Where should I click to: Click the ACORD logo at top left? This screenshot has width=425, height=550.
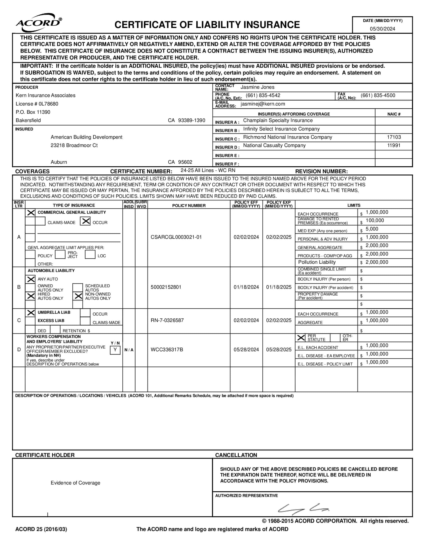[38, 23]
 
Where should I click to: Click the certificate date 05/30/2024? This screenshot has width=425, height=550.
[382, 29]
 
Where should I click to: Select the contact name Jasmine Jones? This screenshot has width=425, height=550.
[257, 87]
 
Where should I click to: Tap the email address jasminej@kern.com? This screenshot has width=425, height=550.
[262, 104]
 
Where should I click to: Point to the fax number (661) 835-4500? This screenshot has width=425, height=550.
[378, 95]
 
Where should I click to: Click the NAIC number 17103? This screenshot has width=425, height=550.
[394, 137]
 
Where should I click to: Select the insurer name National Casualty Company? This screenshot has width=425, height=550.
[274, 145]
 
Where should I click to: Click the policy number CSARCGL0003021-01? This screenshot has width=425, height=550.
[176, 237]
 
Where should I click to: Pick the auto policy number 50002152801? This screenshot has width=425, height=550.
[166, 287]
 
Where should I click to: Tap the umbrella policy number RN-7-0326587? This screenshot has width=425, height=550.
[167, 320]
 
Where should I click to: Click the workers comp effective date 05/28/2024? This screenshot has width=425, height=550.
[246, 349]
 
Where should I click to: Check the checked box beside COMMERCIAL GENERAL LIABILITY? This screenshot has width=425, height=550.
[31, 213]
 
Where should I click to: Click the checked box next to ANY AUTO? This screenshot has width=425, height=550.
[31, 279]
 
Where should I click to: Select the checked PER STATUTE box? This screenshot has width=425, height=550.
[301, 338]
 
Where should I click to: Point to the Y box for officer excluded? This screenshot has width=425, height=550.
[115, 349]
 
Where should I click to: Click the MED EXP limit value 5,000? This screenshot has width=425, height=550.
[372, 229]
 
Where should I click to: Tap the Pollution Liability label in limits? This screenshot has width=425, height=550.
[317, 262]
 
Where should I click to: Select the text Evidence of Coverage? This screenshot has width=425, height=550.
[75, 483]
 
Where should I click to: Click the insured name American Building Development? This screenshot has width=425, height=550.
[86, 137]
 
